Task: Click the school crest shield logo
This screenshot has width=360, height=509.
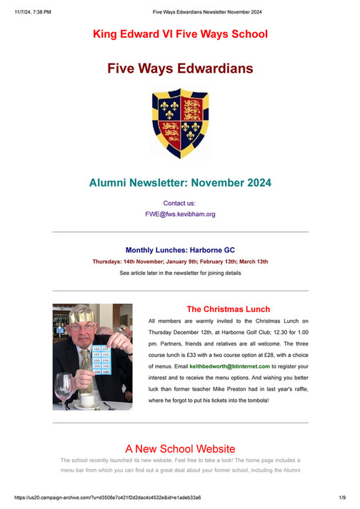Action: pyautogui.click(x=180, y=124)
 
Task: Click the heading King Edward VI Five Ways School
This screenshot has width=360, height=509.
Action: pyautogui.click(x=180, y=34)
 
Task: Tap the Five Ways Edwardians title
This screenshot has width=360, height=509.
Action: pyautogui.click(x=180, y=69)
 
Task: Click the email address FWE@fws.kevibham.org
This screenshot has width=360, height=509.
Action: pyautogui.click(x=180, y=213)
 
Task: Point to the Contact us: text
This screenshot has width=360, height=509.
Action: pyautogui.click(x=180, y=203)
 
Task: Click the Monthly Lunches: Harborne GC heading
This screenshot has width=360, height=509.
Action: pyautogui.click(x=180, y=251)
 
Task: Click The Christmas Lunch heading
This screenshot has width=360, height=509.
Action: pyautogui.click(x=228, y=309)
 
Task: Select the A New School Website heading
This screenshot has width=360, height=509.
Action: pyautogui.click(x=180, y=449)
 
